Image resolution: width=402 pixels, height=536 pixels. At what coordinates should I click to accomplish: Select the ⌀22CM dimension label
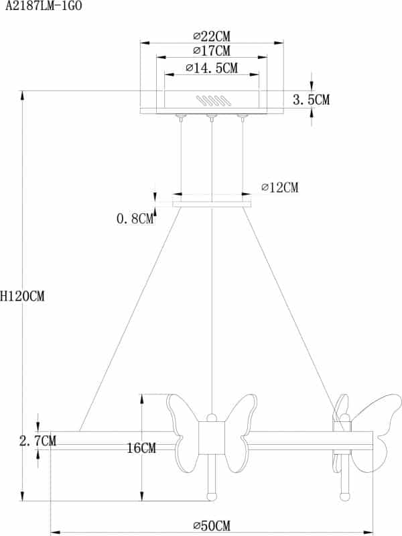(211, 36)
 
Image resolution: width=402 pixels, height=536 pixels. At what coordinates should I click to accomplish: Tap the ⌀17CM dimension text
(211, 51)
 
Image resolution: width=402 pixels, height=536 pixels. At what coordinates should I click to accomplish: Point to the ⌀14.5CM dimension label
(211, 68)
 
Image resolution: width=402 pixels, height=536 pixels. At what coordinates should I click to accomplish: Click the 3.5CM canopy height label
(312, 100)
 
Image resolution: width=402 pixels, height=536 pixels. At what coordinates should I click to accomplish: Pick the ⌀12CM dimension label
(279, 187)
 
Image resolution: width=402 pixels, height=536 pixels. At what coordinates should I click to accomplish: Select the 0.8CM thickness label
(135, 218)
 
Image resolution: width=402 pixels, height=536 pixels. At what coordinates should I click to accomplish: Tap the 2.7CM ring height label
(38, 441)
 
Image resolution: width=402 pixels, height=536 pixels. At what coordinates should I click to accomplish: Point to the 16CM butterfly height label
(141, 448)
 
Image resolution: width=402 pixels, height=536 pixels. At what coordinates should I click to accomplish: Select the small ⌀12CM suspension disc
(212, 203)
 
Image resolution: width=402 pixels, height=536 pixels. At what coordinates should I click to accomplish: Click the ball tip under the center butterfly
(212, 496)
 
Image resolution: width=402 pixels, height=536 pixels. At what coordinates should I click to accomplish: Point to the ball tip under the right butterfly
(344, 496)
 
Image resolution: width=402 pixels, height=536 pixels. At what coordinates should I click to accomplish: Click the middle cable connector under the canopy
(212, 119)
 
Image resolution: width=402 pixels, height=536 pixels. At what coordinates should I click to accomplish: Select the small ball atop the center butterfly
(212, 415)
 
